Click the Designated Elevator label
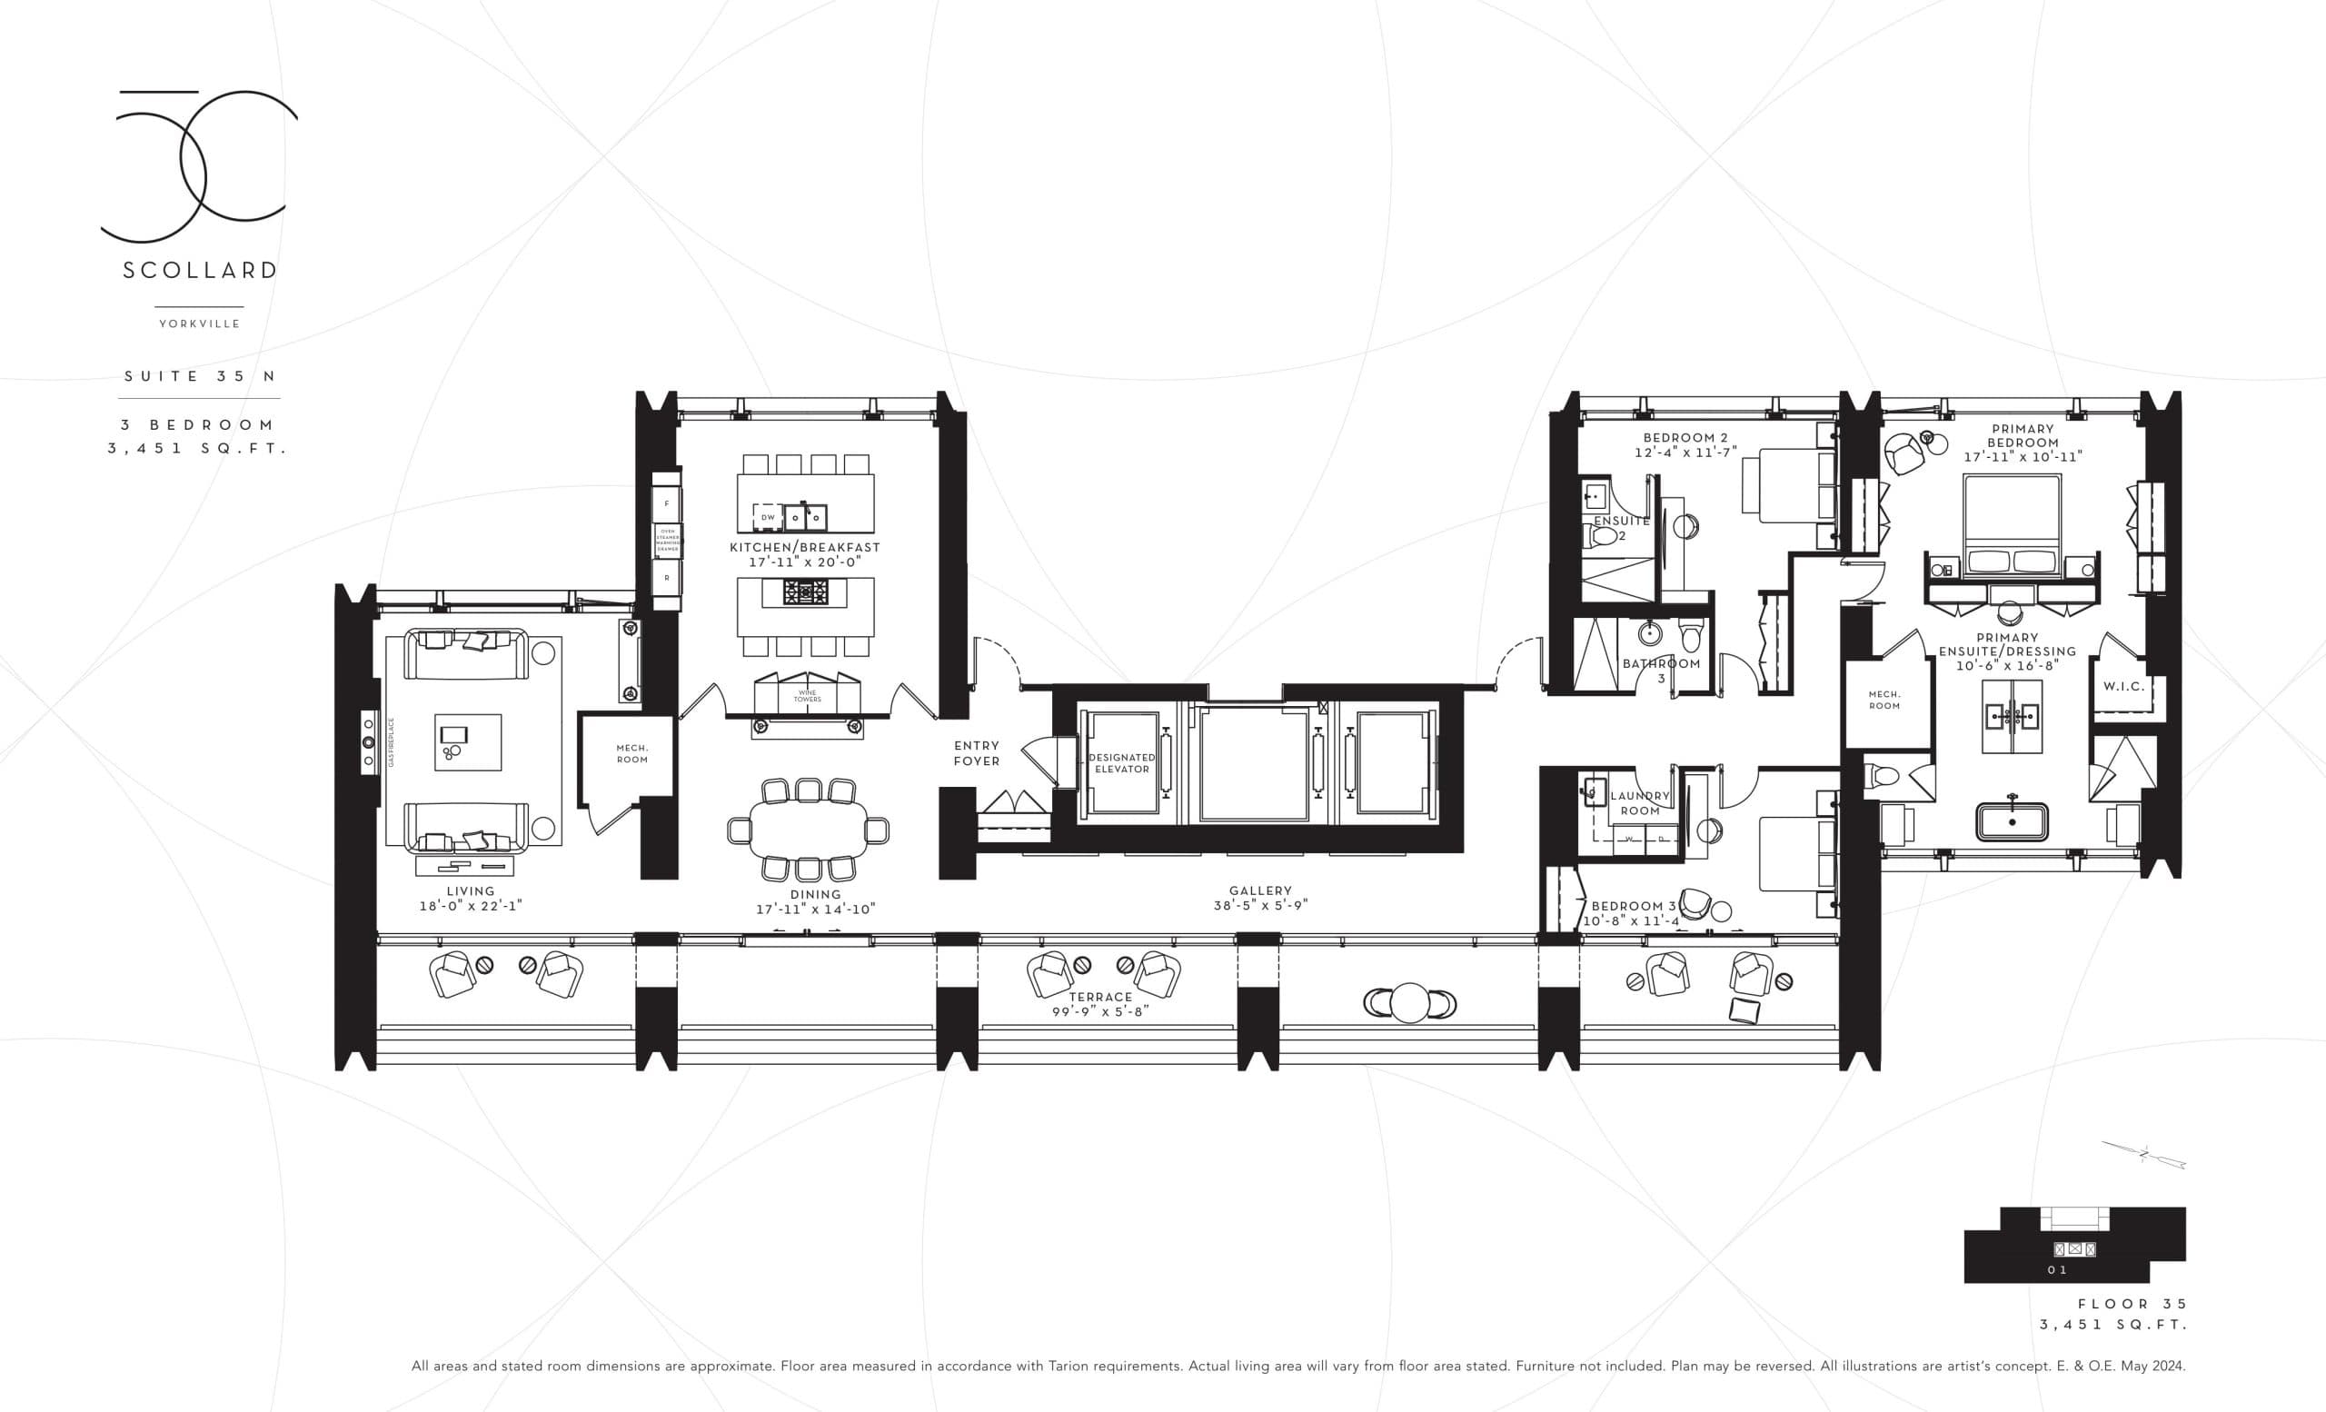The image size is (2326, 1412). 1121,762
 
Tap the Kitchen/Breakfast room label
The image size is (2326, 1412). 804,547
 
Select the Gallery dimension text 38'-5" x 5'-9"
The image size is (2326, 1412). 1260,905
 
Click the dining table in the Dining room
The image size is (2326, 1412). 808,830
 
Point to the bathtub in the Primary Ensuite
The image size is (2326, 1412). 2012,821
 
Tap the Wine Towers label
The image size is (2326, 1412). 807,696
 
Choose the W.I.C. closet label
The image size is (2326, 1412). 2123,686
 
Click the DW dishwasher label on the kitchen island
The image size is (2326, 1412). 768,517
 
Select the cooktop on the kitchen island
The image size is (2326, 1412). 805,592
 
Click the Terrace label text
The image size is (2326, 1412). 1099,997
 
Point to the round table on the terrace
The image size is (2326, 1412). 1409,1003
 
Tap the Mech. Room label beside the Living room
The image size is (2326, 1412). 631,753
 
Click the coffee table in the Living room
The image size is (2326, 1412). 468,741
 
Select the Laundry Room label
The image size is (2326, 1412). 1640,803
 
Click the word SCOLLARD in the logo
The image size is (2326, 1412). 200,271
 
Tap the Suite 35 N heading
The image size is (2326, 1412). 200,375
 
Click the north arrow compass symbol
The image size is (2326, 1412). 2142,1153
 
